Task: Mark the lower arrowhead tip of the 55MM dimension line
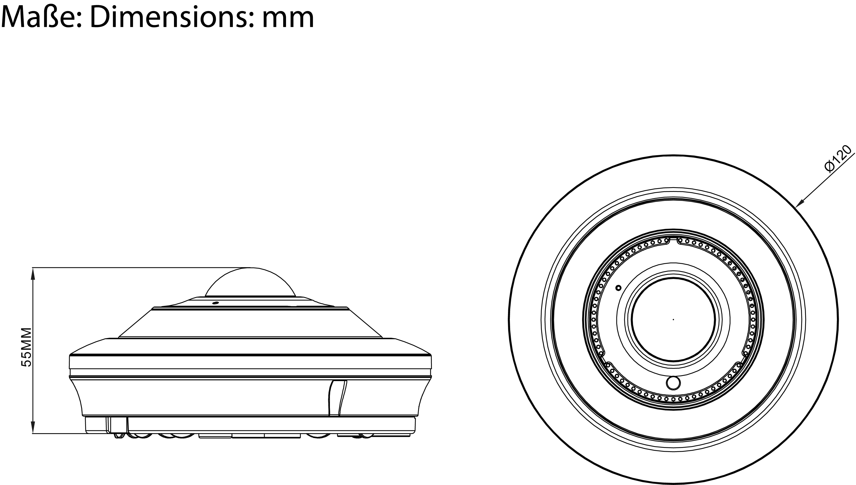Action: tap(33, 433)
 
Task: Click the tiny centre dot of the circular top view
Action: tap(673, 319)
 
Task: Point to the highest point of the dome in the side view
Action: tap(250, 267)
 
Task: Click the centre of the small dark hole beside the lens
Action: tap(619, 287)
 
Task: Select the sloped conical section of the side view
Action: tap(250, 323)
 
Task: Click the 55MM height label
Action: tap(26, 347)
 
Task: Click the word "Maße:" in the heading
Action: tap(41, 17)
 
